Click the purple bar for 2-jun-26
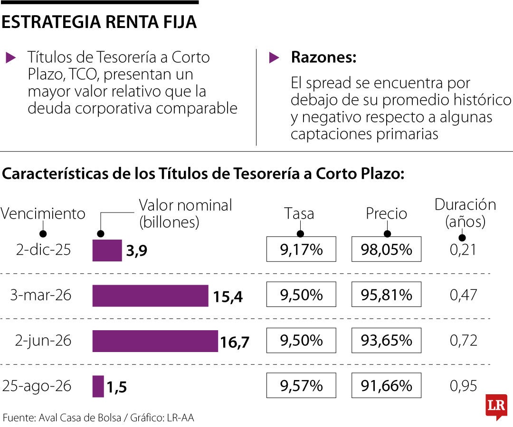[155, 341]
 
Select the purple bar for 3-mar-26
[150, 296]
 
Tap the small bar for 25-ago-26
[98, 386]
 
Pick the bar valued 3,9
[107, 250]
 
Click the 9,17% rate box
[301, 249]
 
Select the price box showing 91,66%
[386, 386]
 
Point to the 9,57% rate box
[301, 386]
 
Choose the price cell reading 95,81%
[386, 295]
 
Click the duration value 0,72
[464, 341]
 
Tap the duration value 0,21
[464, 250]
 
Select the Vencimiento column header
[43, 214]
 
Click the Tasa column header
[299, 213]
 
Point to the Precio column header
[386, 213]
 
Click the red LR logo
[496, 406]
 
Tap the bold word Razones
[323, 58]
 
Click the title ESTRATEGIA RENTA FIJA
[99, 23]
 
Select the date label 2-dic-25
[43, 250]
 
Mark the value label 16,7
[235, 342]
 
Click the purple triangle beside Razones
[274, 58]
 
